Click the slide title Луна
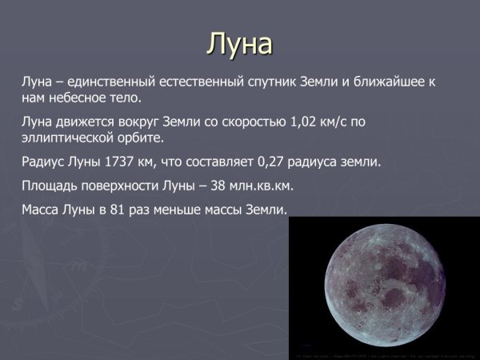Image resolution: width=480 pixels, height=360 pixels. click(239, 43)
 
